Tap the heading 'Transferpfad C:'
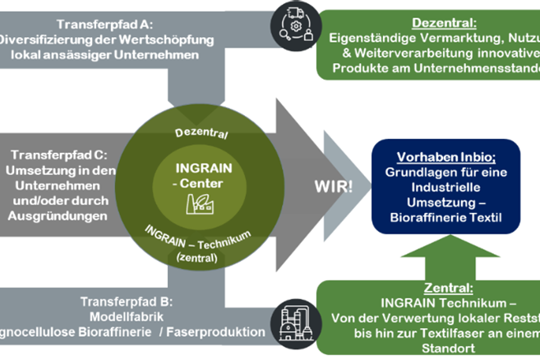point(58,155)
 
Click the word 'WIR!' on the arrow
point(334,186)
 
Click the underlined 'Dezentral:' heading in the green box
point(433,23)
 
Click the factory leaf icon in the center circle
point(198,201)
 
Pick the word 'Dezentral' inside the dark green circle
point(201,132)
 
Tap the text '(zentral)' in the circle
point(197,258)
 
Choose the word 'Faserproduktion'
point(221,332)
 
